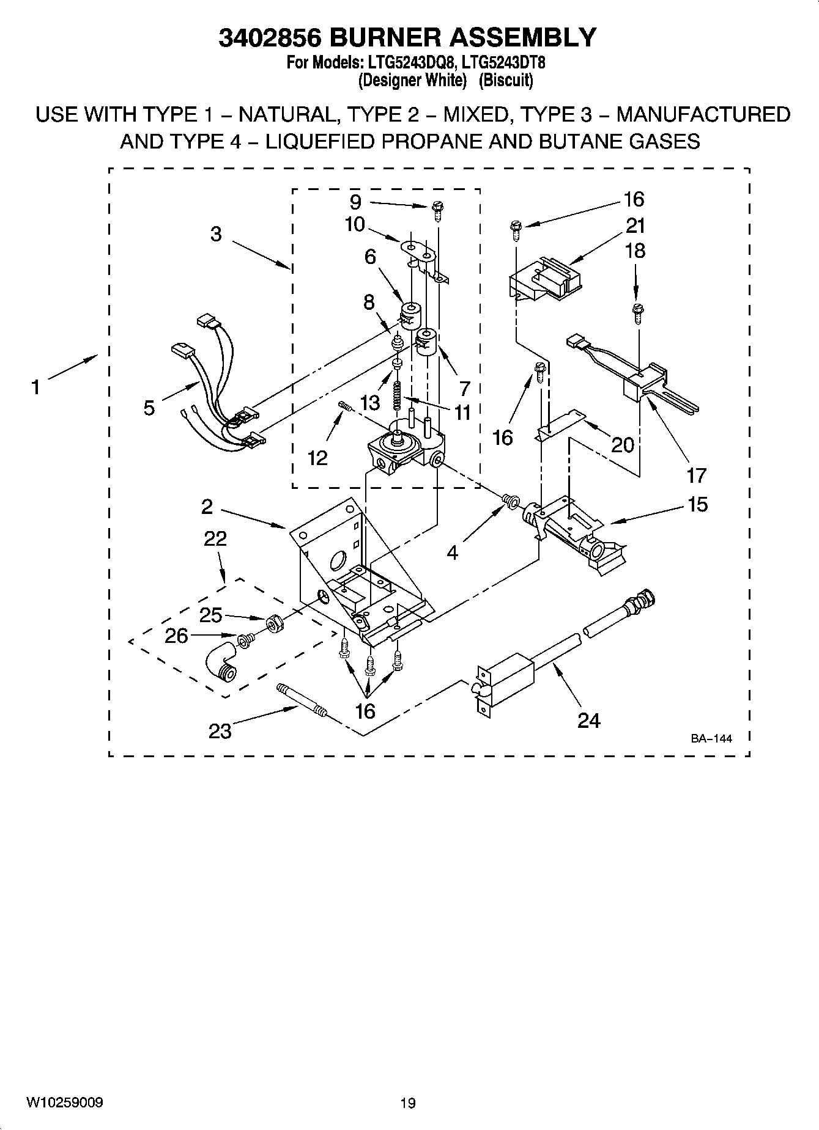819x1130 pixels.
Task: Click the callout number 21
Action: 636,226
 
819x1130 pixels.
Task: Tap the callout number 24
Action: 588,721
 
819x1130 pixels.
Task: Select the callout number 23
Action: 220,731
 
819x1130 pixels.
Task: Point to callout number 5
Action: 149,408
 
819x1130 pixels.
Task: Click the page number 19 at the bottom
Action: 408,1103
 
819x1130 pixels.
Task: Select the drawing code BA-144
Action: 711,739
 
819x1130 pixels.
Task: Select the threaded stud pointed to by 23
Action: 303,701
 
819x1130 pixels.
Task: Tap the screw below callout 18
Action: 638,312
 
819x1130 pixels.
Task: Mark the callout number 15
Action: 697,504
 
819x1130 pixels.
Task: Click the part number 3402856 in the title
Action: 269,37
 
